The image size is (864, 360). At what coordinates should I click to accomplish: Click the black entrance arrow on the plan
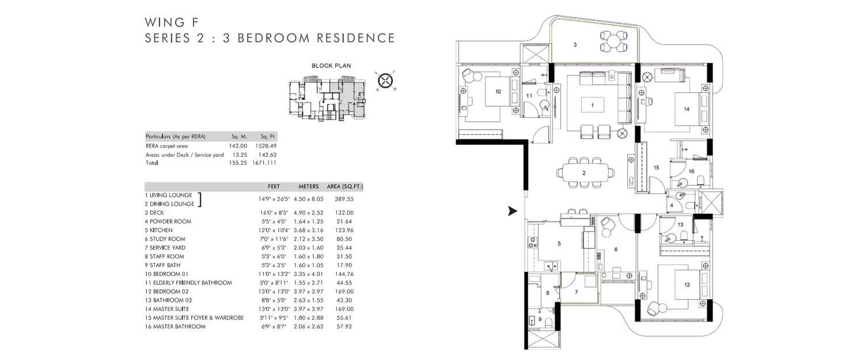click(512, 211)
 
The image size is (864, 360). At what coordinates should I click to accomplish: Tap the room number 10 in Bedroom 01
click(498, 92)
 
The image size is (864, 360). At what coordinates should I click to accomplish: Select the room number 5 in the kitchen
click(559, 244)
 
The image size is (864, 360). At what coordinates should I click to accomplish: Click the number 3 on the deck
click(575, 44)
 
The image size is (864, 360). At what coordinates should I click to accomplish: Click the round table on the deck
click(613, 41)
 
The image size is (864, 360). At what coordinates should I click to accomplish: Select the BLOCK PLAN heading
click(331, 66)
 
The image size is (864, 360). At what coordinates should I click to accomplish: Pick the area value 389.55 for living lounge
click(344, 199)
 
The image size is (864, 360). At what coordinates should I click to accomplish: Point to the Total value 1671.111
click(264, 163)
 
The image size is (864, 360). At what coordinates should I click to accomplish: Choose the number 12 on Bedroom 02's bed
click(686, 285)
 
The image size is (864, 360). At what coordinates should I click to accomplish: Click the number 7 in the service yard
click(576, 292)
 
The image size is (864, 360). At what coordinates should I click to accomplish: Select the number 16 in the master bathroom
click(691, 172)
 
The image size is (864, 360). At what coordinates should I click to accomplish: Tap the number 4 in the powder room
click(672, 205)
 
